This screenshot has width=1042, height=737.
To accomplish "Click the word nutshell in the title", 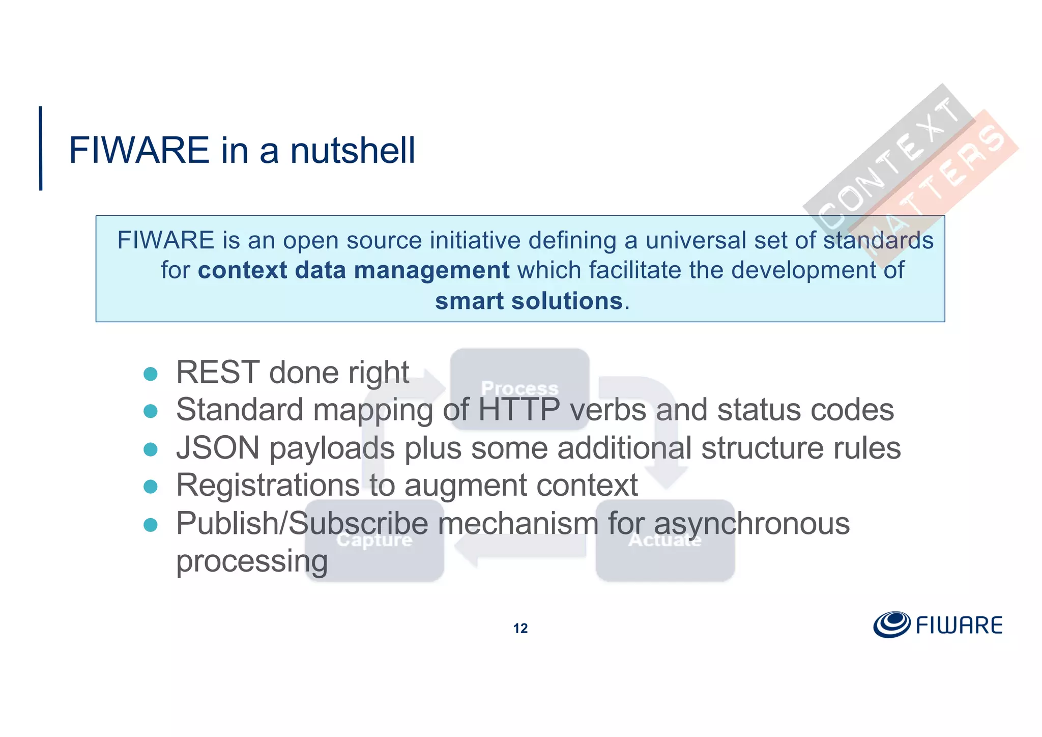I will (352, 151).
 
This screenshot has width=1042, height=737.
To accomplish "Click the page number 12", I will (520, 629).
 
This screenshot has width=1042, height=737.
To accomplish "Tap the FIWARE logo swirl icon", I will (891, 625).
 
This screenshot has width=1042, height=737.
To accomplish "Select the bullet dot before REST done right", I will (151, 374).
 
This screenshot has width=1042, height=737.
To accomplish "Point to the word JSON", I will (218, 448).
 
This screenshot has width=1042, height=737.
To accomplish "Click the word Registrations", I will (268, 485).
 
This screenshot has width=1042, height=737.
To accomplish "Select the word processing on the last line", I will (252, 561).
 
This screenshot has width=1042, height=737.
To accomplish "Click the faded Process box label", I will (519, 388).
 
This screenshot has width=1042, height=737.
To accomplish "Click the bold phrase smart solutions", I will (529, 301).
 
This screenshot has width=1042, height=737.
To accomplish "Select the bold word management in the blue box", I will (431, 270).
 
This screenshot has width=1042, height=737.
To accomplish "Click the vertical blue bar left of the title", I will (41, 148).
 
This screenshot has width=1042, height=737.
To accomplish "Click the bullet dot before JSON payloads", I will (151, 449).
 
